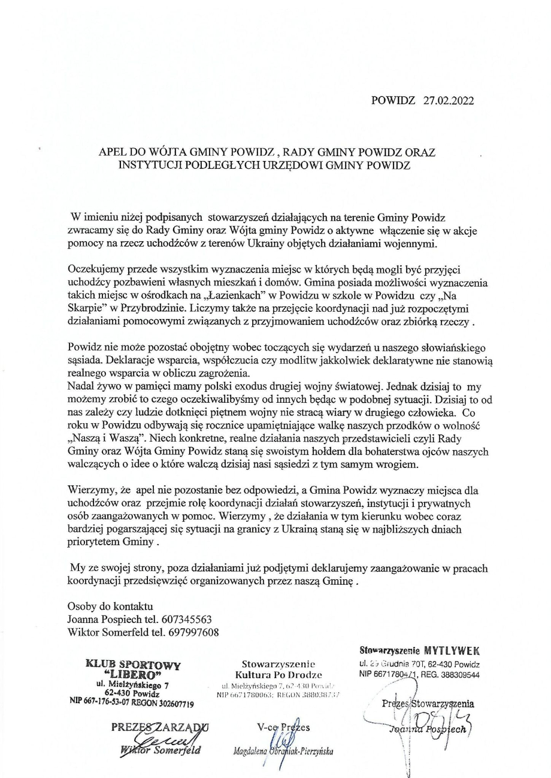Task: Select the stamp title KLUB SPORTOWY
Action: [x=134, y=664]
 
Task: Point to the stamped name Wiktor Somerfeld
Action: [x=160, y=750]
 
